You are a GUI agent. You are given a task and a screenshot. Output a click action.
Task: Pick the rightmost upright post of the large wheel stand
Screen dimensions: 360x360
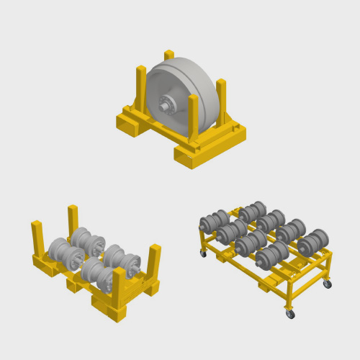point(221,101)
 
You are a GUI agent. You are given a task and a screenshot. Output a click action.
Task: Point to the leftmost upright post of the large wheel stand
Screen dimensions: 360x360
point(141,86)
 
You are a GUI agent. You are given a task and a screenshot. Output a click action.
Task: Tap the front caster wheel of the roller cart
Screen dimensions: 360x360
point(290,314)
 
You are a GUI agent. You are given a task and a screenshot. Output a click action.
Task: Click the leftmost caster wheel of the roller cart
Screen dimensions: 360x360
point(203,253)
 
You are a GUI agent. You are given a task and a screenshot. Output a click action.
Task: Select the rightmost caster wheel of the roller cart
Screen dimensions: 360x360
point(328,284)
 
